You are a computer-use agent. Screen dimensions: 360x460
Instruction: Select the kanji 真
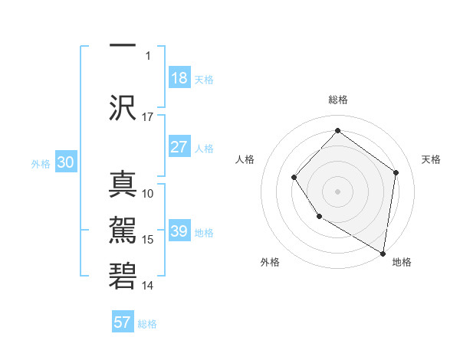tap(123, 185)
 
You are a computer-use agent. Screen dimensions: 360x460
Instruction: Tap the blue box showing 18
tap(179, 78)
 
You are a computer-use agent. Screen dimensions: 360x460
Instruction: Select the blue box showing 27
tap(179, 147)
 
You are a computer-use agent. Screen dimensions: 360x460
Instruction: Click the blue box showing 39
tap(179, 231)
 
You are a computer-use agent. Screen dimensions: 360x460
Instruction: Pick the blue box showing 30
tap(65, 162)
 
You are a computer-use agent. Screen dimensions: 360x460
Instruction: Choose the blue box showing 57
tap(123, 322)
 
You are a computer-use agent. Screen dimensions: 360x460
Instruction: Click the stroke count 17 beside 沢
tap(148, 117)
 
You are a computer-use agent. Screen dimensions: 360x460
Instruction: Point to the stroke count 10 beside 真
tap(148, 194)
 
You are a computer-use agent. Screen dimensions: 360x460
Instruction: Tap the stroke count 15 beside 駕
tap(148, 240)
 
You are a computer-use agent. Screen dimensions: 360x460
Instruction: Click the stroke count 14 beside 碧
tap(148, 286)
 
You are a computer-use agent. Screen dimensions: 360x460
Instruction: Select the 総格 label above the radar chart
tap(337, 100)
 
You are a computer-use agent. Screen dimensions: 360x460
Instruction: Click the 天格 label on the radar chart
tap(432, 159)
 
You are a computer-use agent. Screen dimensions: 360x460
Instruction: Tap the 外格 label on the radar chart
tap(270, 263)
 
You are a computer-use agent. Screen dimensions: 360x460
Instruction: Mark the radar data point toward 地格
tap(383, 254)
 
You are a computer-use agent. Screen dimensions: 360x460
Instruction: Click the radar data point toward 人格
tap(294, 178)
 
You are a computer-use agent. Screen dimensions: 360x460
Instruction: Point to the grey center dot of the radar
tap(337, 191)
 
